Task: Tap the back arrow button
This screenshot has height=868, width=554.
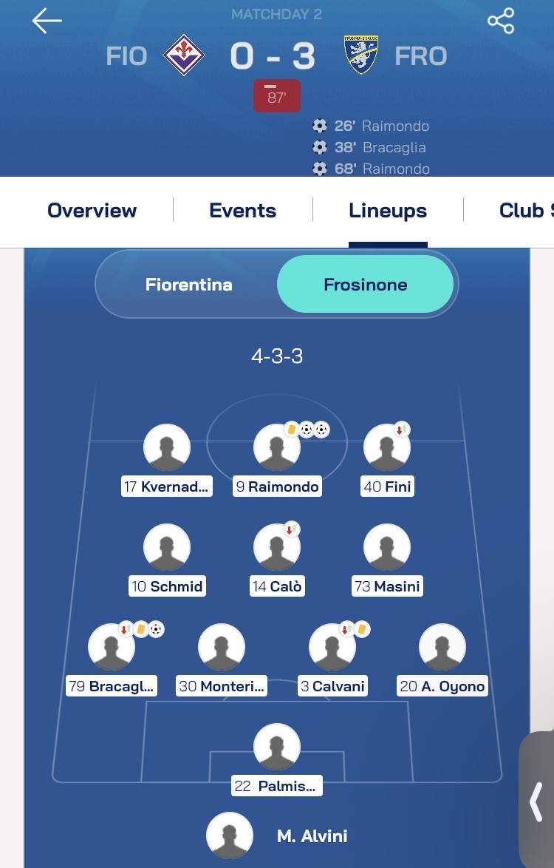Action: pos(47,21)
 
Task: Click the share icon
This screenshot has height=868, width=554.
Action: pos(501,21)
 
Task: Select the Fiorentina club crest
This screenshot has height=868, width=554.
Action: pos(184,55)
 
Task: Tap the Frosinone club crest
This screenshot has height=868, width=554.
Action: pos(360,55)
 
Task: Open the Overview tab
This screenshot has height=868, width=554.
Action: pos(92,211)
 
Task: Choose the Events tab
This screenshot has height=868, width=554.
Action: pos(243,211)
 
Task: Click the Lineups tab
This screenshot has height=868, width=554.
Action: pos(388,211)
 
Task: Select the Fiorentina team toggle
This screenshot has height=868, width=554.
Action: pos(188,285)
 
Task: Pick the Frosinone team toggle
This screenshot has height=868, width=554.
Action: pos(365,285)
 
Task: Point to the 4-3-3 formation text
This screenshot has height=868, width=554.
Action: pos(277,356)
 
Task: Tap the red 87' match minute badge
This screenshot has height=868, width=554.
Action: pos(277,96)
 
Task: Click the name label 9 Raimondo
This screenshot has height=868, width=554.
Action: pos(277,486)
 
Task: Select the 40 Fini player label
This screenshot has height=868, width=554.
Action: pos(388,486)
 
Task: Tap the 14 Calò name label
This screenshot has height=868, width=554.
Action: pos(277,586)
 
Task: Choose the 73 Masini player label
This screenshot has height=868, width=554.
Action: pos(388,586)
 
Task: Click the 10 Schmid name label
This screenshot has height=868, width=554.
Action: pos(167,586)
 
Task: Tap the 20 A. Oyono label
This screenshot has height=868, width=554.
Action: pos(442,686)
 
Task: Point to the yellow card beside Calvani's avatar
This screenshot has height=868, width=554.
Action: pos(362,629)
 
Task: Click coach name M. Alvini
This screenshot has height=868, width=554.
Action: pos(312,836)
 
